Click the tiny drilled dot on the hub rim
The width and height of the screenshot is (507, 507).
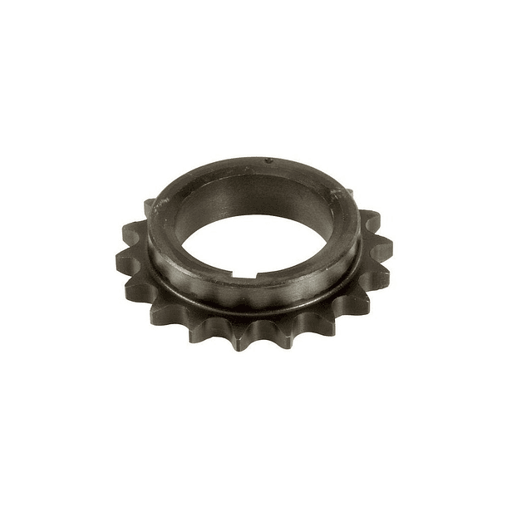point(268,160)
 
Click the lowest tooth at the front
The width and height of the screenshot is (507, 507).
point(242,340)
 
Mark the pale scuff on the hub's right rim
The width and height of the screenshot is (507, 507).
point(337,193)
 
